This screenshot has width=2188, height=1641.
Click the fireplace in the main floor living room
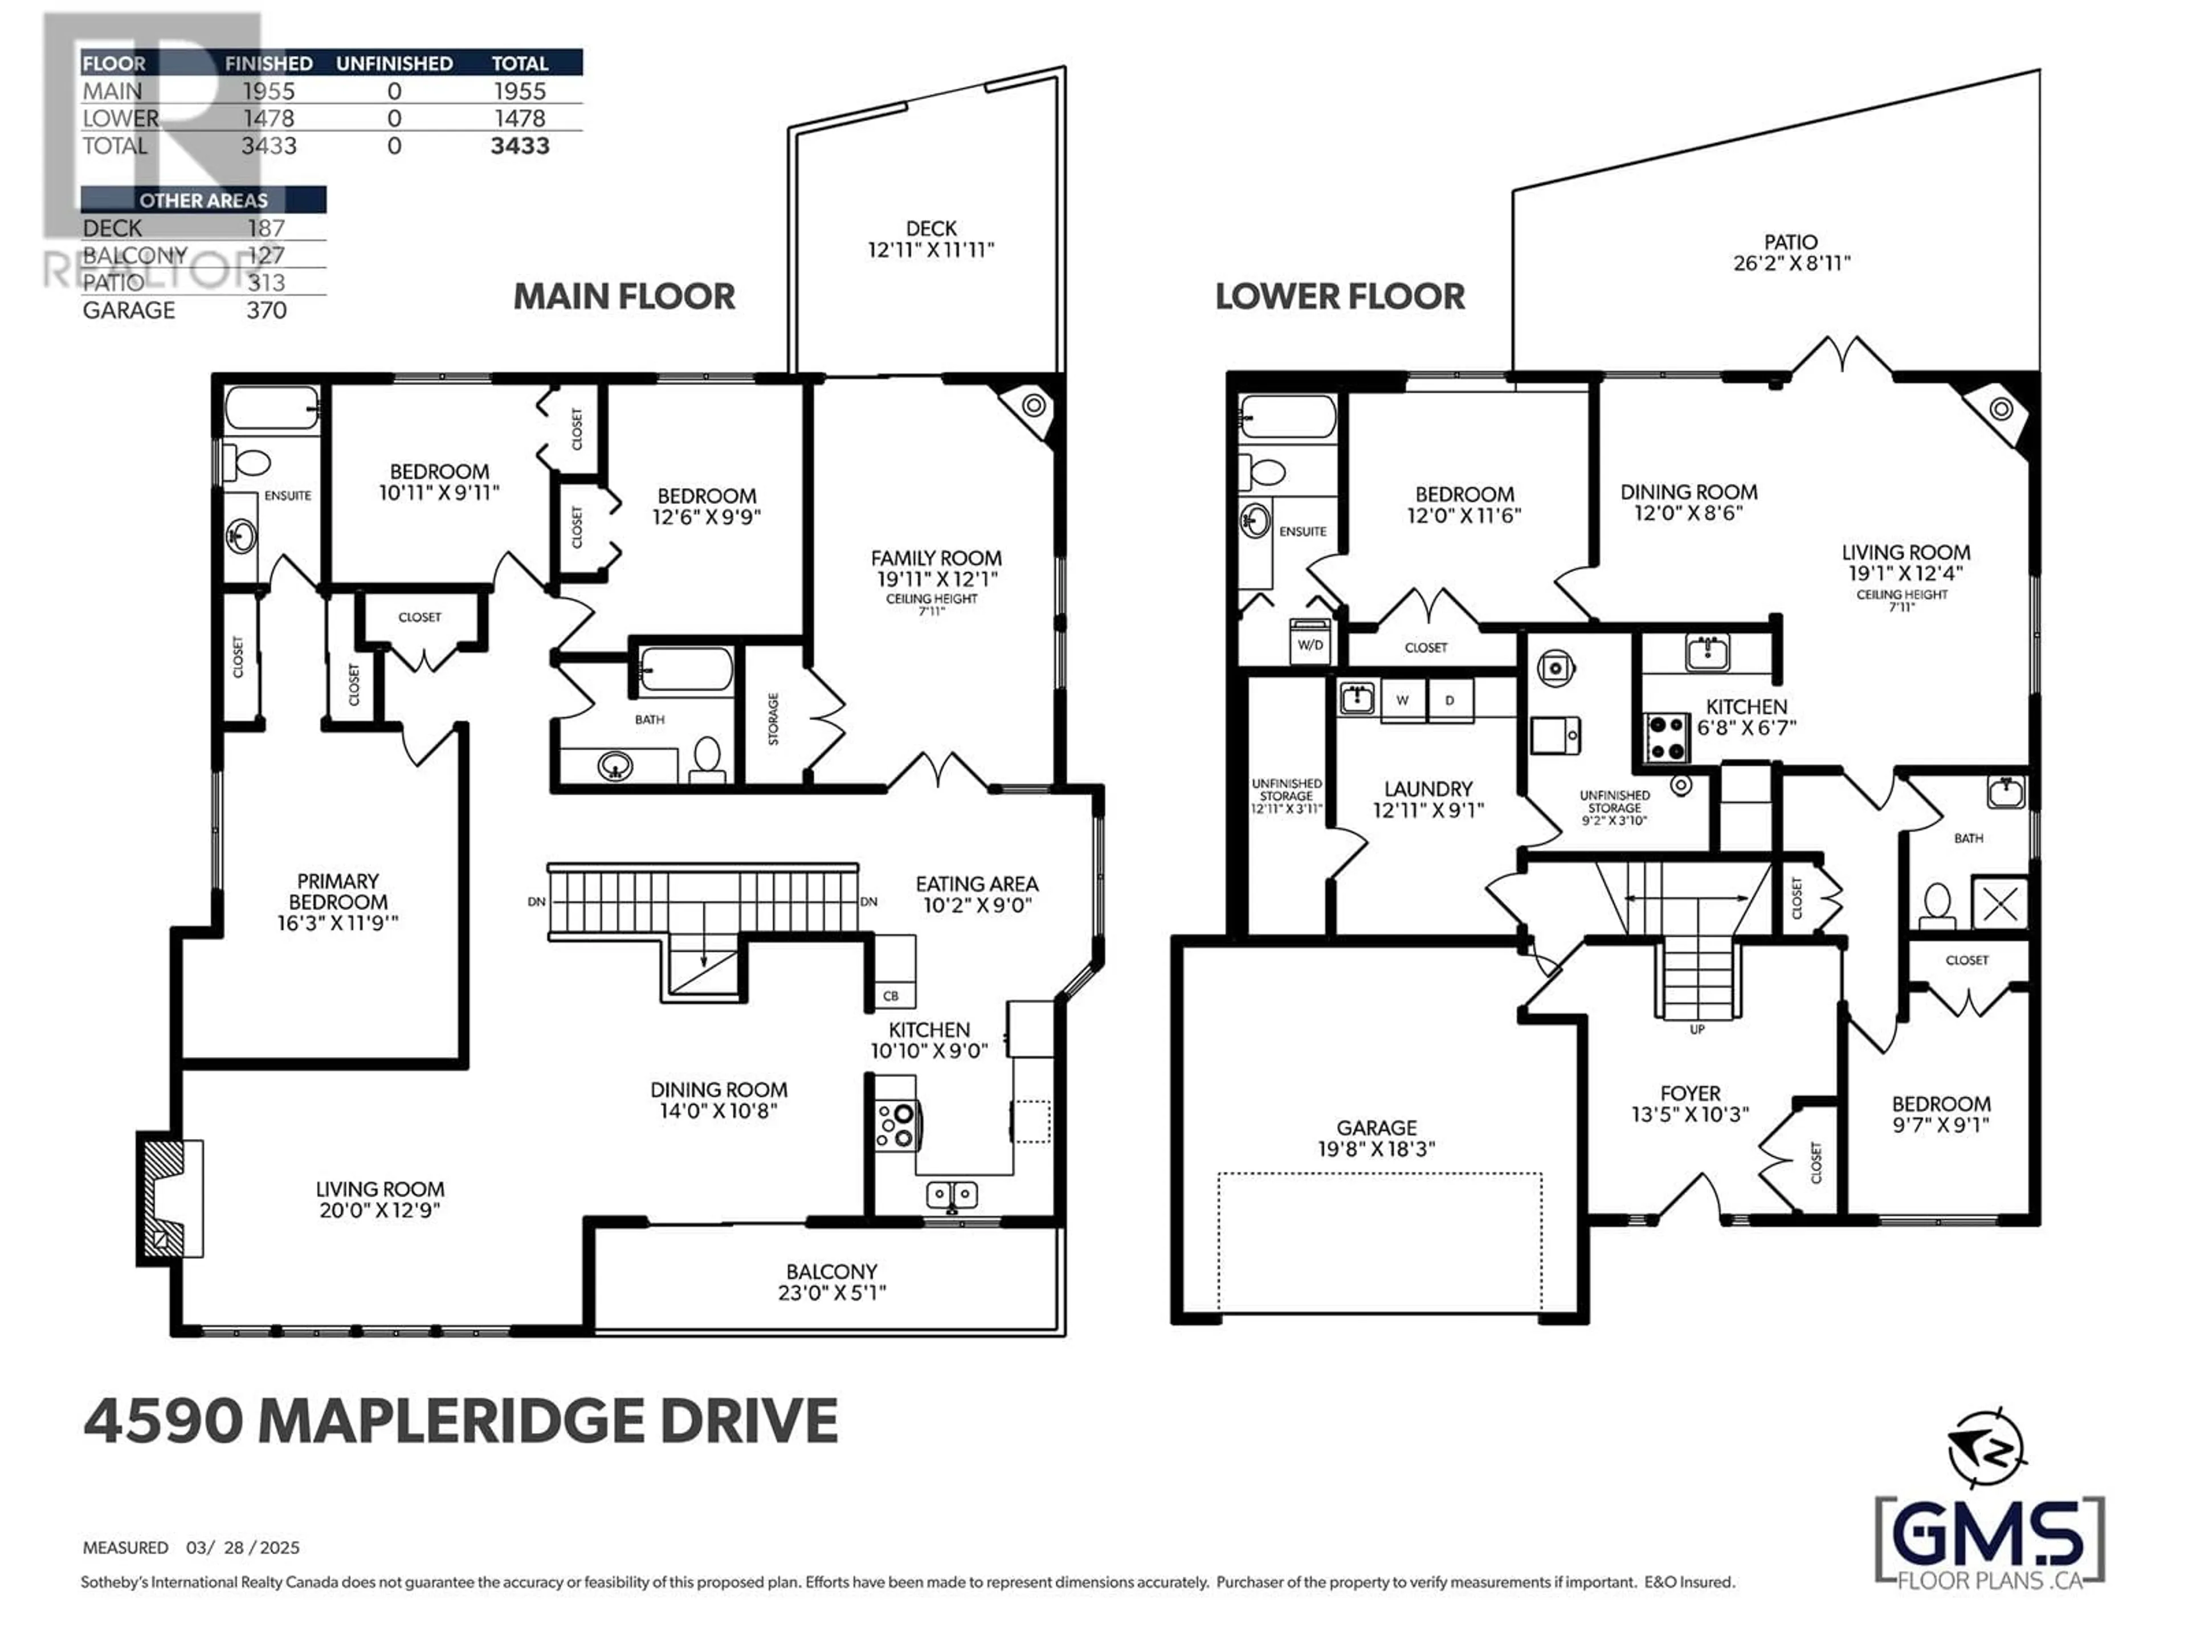170,1198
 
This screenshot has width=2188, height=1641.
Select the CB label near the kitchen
890,996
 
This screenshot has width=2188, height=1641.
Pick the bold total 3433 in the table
520,146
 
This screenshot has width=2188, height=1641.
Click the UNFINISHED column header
395,63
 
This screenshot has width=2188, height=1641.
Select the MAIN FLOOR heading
624,297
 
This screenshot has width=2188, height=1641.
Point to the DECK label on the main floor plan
931,228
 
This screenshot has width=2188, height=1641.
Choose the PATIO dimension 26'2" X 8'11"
1791,263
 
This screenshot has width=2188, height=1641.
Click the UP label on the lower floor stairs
1697,1030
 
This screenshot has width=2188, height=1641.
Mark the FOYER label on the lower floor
1691,1094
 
